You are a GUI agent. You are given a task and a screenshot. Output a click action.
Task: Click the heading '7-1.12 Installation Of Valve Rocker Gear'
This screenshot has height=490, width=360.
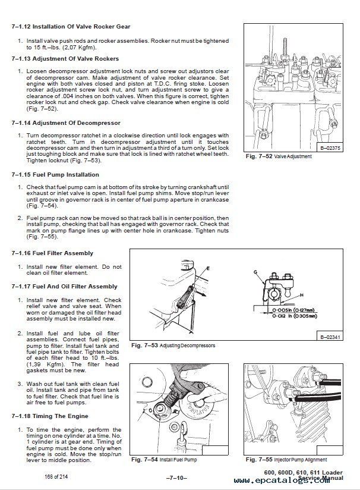(x=71, y=27)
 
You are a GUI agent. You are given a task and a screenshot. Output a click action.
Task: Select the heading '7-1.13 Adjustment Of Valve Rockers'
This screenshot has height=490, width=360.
(x=65, y=58)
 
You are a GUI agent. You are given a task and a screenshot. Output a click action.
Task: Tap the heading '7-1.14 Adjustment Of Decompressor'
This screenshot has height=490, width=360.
(x=62, y=122)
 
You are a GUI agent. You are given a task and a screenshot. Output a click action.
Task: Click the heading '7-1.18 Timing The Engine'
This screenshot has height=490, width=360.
(x=49, y=416)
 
